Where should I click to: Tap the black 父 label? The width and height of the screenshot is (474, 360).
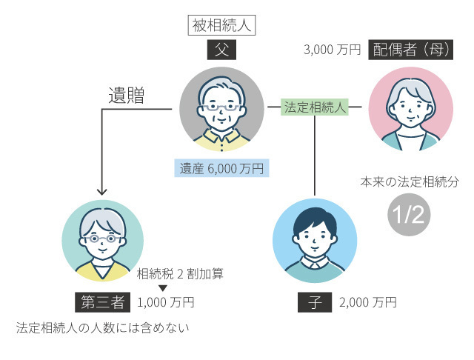(x=221, y=50)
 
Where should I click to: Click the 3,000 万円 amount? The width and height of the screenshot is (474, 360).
(x=332, y=50)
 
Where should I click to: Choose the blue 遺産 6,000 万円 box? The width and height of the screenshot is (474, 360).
(x=221, y=168)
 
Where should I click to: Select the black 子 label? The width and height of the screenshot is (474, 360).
(x=314, y=302)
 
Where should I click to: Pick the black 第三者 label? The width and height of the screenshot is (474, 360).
(x=103, y=302)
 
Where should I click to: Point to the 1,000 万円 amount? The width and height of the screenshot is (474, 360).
(x=166, y=302)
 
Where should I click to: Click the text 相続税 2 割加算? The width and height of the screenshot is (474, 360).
(x=180, y=273)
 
